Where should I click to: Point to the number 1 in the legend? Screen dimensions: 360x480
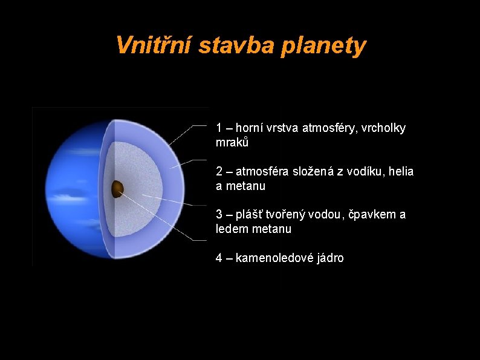[219, 128]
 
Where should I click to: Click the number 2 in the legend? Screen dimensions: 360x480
[219, 172]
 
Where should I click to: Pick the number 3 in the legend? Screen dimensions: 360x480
[219, 215]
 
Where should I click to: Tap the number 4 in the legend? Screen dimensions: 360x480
[219, 258]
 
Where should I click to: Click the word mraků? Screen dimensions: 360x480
[232, 143]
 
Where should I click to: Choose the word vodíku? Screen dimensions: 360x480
[365, 172]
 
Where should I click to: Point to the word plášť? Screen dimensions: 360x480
[248, 215]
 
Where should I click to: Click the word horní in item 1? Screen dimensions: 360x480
[249, 128]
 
